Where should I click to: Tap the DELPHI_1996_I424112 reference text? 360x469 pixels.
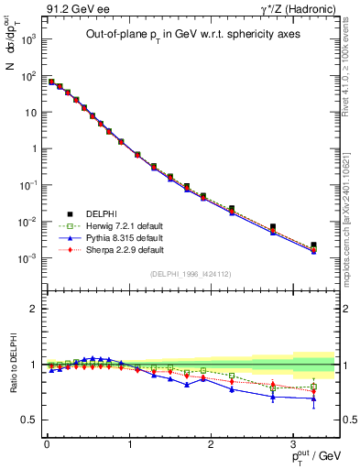point(191,274)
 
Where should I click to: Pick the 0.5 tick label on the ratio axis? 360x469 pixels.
point(30,420)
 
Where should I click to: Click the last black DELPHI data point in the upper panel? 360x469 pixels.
point(314,245)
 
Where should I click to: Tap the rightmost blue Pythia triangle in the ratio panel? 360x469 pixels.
point(314,398)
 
